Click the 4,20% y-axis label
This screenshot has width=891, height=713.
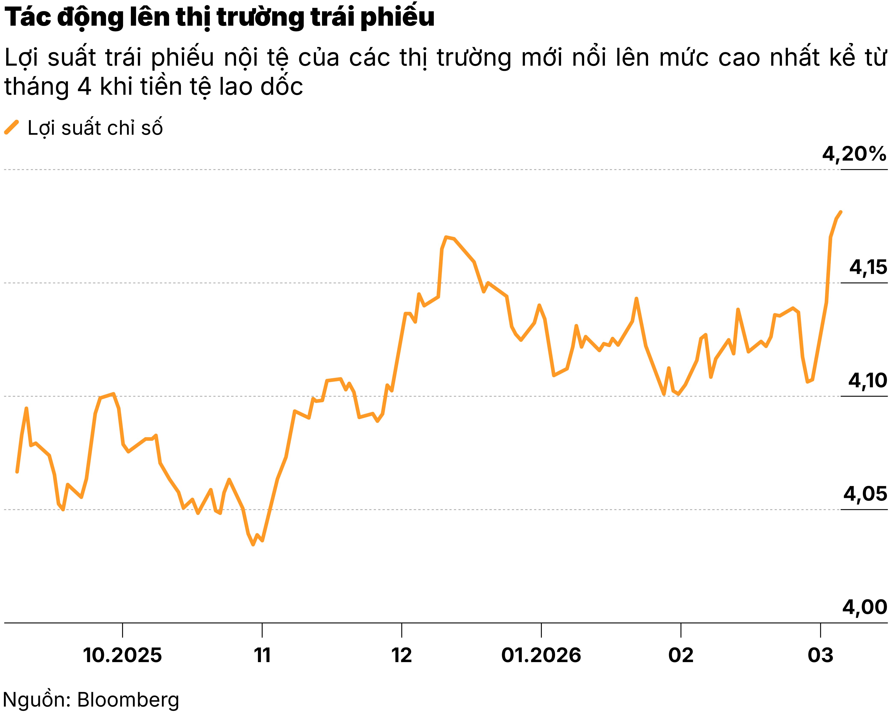[x=854, y=154]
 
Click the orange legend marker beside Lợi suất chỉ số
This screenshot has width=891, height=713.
[x=12, y=127]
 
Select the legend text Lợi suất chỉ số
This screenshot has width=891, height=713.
[x=95, y=128]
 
